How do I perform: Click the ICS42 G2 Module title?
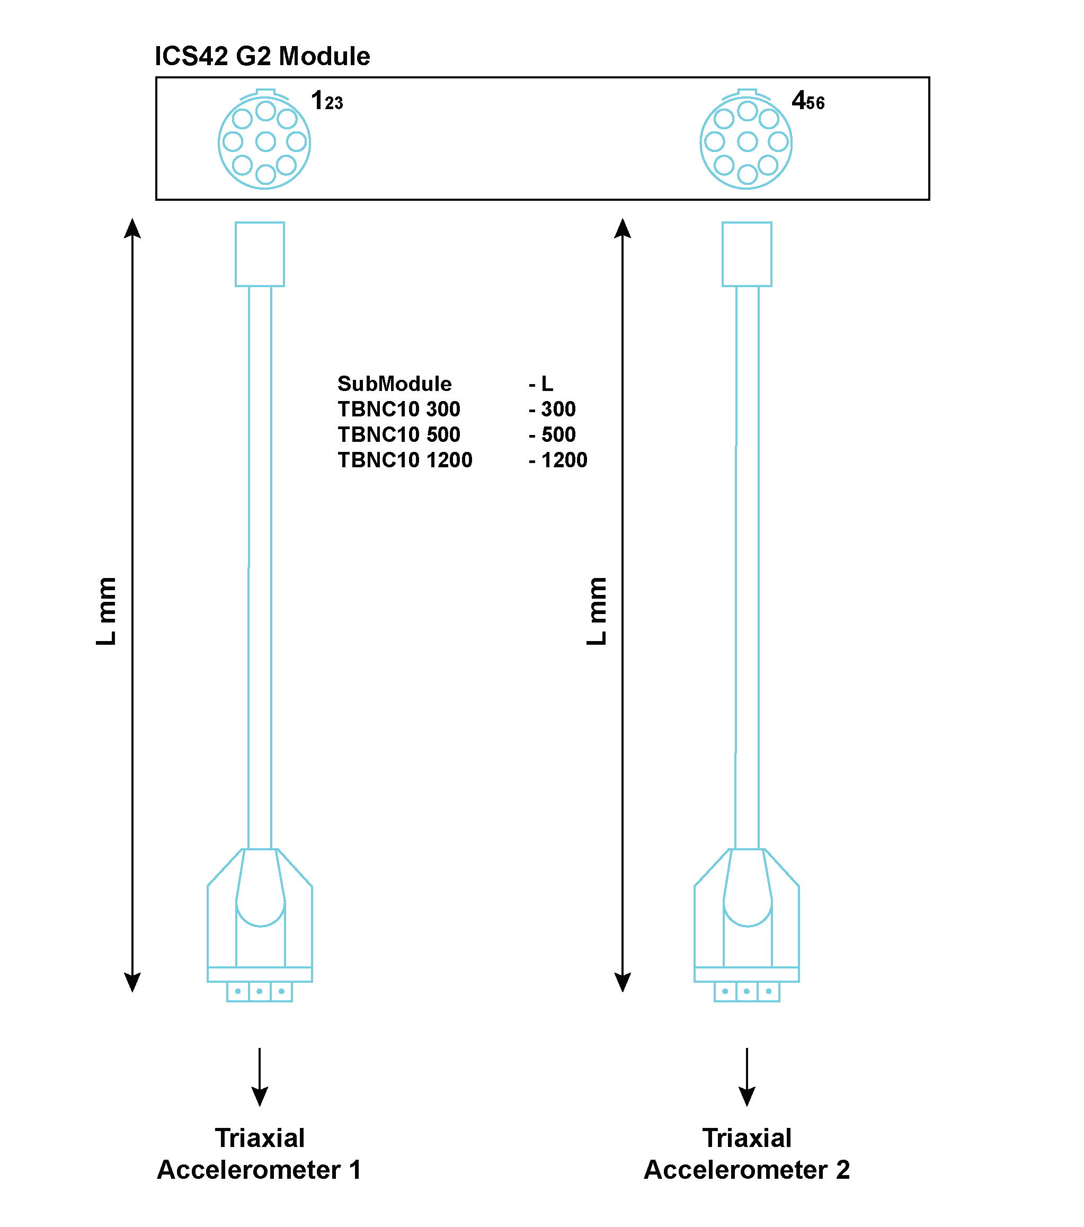(262, 57)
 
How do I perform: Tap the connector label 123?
(327, 101)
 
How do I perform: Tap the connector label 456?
(808, 101)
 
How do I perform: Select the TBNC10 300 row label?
(398, 410)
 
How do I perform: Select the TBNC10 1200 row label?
(405, 460)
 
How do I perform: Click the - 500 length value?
(552, 434)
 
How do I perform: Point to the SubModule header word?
(394, 384)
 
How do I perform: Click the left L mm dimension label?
(107, 611)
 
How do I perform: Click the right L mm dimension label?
(597, 611)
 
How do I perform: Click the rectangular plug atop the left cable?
(260, 254)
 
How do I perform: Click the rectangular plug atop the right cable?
(747, 254)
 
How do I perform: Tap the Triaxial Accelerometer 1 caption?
(259, 1154)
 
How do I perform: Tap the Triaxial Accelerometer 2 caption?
(747, 1154)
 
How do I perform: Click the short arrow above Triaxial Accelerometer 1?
(259, 1077)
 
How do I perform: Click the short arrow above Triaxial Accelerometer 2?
(747, 1077)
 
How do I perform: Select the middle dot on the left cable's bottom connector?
(259, 992)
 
